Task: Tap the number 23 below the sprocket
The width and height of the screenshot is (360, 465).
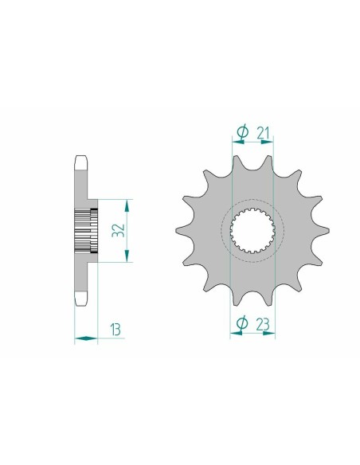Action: click(x=262, y=322)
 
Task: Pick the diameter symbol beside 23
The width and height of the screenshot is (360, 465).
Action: click(x=242, y=322)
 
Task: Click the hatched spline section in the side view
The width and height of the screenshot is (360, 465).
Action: click(x=85, y=231)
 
